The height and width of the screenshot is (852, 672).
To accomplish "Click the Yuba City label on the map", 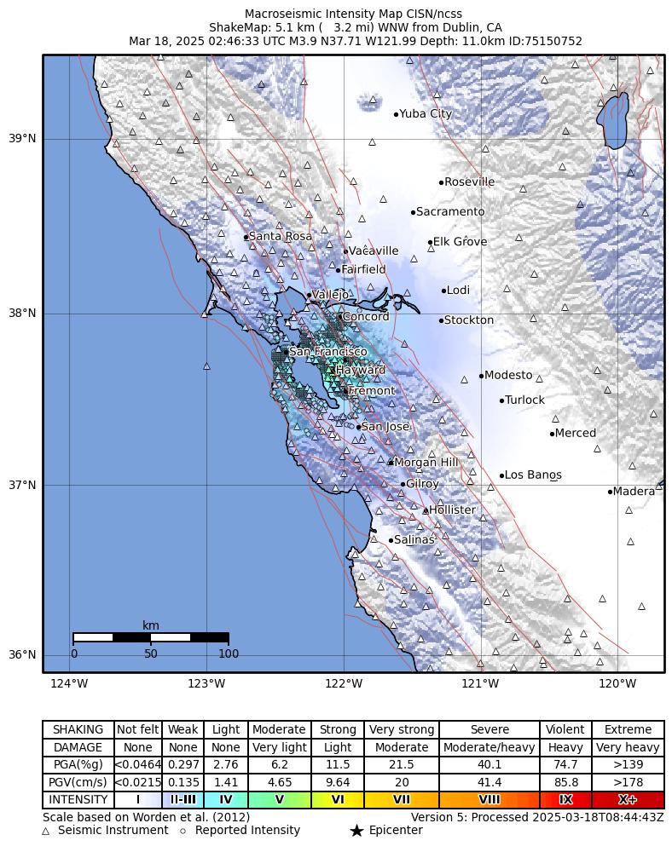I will [426, 114].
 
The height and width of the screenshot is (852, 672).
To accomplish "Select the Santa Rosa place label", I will [280, 237].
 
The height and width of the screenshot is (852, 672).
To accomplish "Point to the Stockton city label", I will [469, 320].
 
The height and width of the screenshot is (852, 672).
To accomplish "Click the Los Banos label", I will [533, 475].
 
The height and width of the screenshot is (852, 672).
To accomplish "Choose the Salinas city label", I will [414, 540].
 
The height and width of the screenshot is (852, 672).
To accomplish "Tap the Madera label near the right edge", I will [634, 492].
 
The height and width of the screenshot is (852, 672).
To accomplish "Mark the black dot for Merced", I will [553, 434].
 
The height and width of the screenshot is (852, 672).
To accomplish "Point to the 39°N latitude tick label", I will [22, 139].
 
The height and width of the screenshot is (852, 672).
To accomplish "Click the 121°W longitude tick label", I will [480, 683].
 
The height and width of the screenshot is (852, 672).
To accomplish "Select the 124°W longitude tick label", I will [69, 683].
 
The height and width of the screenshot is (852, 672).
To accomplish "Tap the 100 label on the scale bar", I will [229, 654].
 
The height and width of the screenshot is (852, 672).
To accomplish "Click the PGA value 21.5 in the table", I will [401, 765].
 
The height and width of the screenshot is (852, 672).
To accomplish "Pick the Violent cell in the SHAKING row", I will [565, 730].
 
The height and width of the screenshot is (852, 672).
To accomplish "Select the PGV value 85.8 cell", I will [565, 782].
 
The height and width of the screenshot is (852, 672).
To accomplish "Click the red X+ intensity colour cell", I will [627, 800].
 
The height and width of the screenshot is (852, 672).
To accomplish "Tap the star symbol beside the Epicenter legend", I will [356, 831].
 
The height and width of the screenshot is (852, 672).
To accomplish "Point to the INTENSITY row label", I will [78, 800].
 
